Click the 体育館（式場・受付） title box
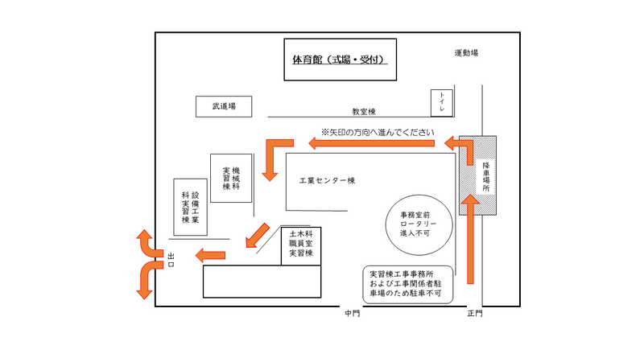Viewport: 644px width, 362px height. [340, 60]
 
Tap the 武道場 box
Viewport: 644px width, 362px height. [224, 106]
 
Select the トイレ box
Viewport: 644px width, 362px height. [442, 103]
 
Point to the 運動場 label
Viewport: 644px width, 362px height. [466, 53]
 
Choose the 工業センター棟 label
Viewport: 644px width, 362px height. [327, 181]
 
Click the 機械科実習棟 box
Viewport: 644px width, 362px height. [232, 178]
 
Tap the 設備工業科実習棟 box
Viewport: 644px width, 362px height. [190, 207]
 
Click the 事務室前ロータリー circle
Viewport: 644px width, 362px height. [419, 224]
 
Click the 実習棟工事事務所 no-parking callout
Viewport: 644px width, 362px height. [407, 284]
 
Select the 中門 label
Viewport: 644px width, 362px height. [352, 314]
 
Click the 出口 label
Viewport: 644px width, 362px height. [171, 259]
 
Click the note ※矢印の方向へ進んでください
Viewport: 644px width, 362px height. [378, 132]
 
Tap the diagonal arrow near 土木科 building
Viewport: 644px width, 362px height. [257, 235]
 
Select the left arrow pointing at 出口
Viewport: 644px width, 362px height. [210, 255]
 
